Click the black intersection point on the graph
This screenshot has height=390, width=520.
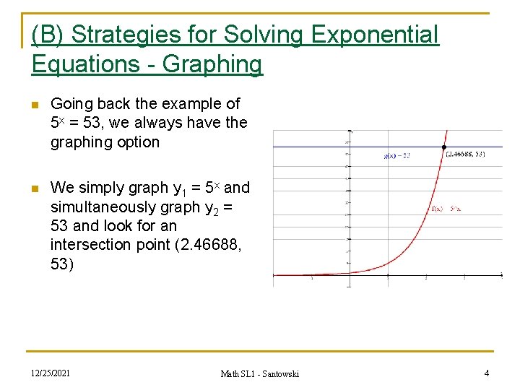443,148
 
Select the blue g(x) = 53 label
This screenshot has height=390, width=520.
396,155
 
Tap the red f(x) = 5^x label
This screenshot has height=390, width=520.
446,209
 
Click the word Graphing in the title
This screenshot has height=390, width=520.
212,64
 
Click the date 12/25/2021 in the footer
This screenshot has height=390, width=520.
50,373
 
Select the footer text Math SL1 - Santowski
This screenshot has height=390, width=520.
260,373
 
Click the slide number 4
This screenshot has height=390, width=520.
487,373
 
